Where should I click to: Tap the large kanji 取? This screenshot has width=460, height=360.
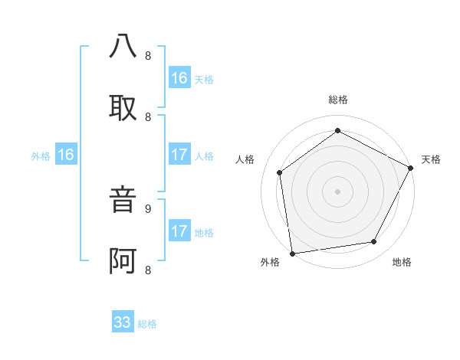[123, 107]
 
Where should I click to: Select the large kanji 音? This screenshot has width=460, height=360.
[123, 201]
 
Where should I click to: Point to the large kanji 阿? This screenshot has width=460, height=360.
[123, 261]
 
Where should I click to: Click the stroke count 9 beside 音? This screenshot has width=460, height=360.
[148, 208]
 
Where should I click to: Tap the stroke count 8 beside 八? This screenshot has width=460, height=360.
[148, 56]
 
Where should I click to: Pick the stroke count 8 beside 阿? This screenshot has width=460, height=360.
[148, 270]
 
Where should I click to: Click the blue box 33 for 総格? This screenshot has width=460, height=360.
[123, 322]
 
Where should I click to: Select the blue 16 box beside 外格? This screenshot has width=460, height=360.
[66, 155]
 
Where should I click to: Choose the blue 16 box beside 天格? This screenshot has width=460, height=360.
[179, 78]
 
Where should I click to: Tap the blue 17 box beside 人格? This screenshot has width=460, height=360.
[179, 155]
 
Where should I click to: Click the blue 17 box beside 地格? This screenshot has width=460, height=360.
[179, 231]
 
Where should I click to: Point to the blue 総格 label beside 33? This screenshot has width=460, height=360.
[147, 324]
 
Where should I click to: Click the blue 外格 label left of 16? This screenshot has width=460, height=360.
[41, 156]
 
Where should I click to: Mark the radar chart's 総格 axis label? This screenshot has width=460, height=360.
[338, 100]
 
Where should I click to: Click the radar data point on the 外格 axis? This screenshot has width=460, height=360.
[291, 253]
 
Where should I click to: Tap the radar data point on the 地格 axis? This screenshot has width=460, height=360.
[374, 242]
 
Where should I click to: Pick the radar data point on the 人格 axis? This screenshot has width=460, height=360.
[280, 172]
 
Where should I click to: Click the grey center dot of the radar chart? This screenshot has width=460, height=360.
[337, 191]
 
